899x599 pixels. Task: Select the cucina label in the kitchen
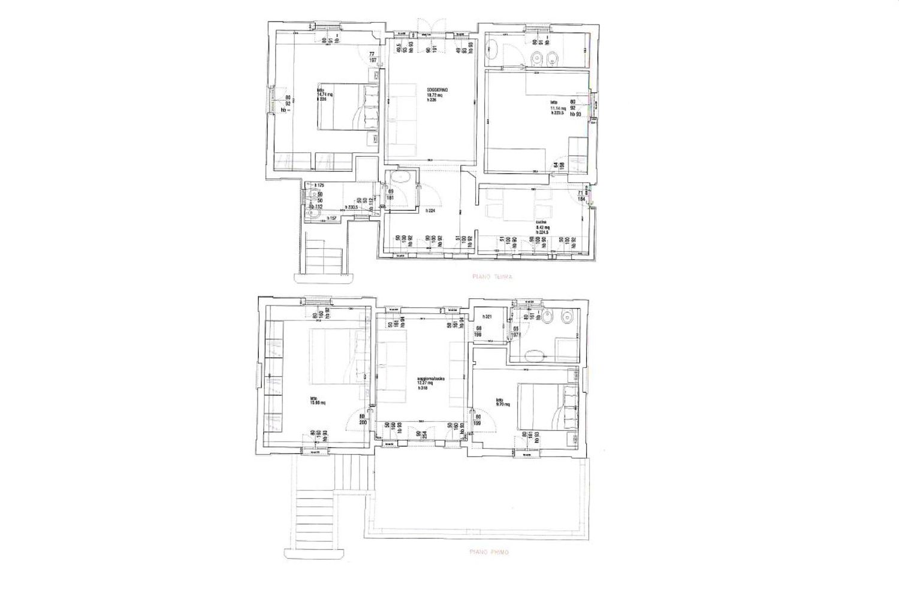pyautogui.click(x=541, y=223)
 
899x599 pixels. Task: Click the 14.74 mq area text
pyautogui.click(x=325, y=94)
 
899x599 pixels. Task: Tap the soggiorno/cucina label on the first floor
pyautogui.click(x=431, y=379)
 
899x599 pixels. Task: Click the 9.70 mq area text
pyautogui.click(x=502, y=404)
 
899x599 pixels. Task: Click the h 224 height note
pyautogui.click(x=430, y=211)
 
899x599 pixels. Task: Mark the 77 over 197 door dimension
pyautogui.click(x=372, y=57)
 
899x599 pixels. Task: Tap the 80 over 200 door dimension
pyautogui.click(x=362, y=419)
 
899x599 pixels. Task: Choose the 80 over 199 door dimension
pyautogui.click(x=478, y=419)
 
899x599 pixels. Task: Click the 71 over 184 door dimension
pyautogui.click(x=580, y=196)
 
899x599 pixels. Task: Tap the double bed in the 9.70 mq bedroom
pyautogui.click(x=543, y=407)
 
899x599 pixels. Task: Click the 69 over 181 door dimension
pyautogui.click(x=390, y=195)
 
